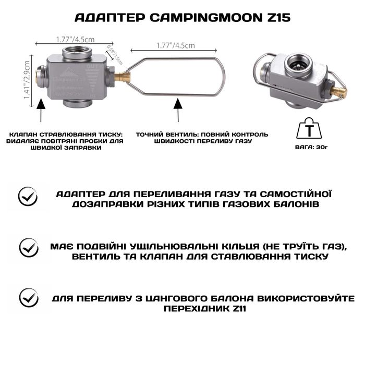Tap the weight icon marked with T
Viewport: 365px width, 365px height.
point(308,126)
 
